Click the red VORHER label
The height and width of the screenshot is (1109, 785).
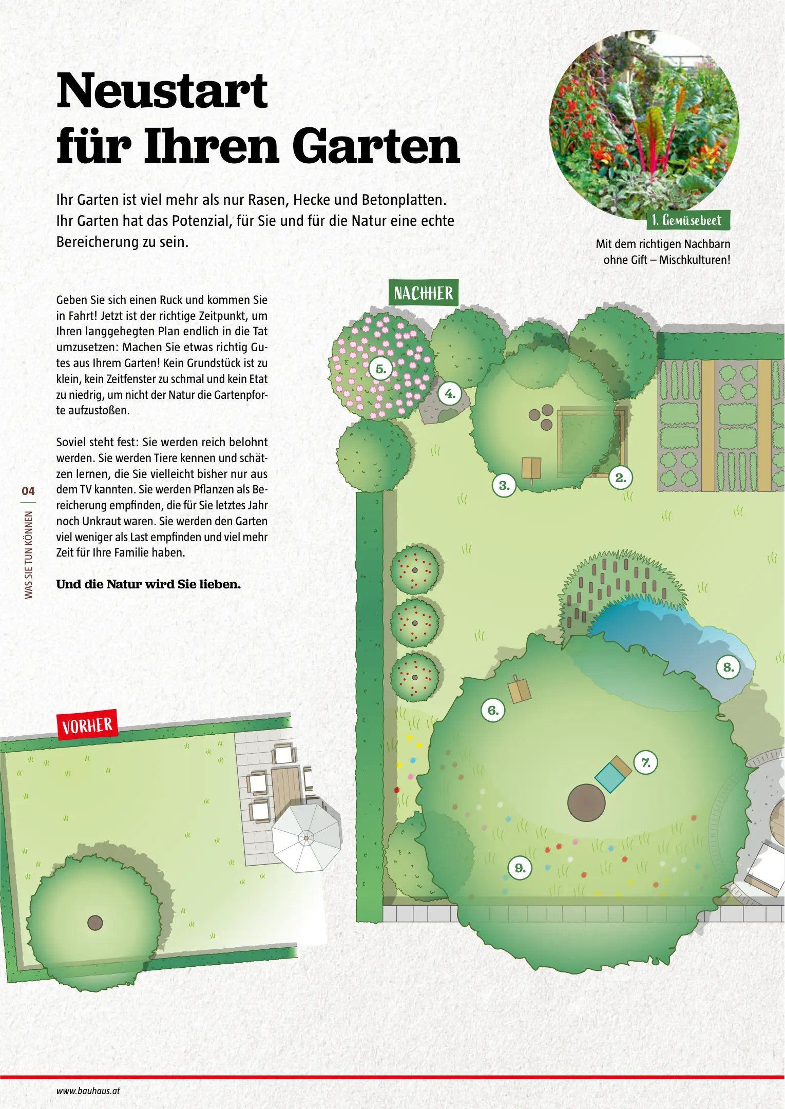tap(87, 725)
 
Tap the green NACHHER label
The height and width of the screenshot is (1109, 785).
tap(423, 293)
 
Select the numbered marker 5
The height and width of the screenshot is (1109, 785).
tap(380, 369)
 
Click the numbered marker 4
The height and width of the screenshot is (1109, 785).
tap(450, 394)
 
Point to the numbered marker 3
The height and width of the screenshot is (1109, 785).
tap(504, 485)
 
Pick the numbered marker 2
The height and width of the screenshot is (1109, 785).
tap(621, 478)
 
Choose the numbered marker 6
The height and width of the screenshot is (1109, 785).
tap(493, 710)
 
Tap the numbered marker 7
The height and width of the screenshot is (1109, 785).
tap(646, 762)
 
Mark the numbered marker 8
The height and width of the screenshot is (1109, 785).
tap(728, 667)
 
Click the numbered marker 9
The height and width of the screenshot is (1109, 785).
tap(520, 868)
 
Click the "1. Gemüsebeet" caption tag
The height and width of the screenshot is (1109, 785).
tap(688, 220)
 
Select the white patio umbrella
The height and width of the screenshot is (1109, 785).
tap(306, 837)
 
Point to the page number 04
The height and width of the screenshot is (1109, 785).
tap(28, 491)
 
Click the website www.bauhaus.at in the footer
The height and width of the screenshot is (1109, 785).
tap(88, 1091)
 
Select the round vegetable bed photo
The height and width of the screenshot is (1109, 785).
tap(644, 125)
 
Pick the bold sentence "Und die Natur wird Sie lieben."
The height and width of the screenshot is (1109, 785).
tap(148, 584)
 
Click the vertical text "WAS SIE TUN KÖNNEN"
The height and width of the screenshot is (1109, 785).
tap(28, 554)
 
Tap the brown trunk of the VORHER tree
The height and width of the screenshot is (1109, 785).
tap(95, 923)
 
